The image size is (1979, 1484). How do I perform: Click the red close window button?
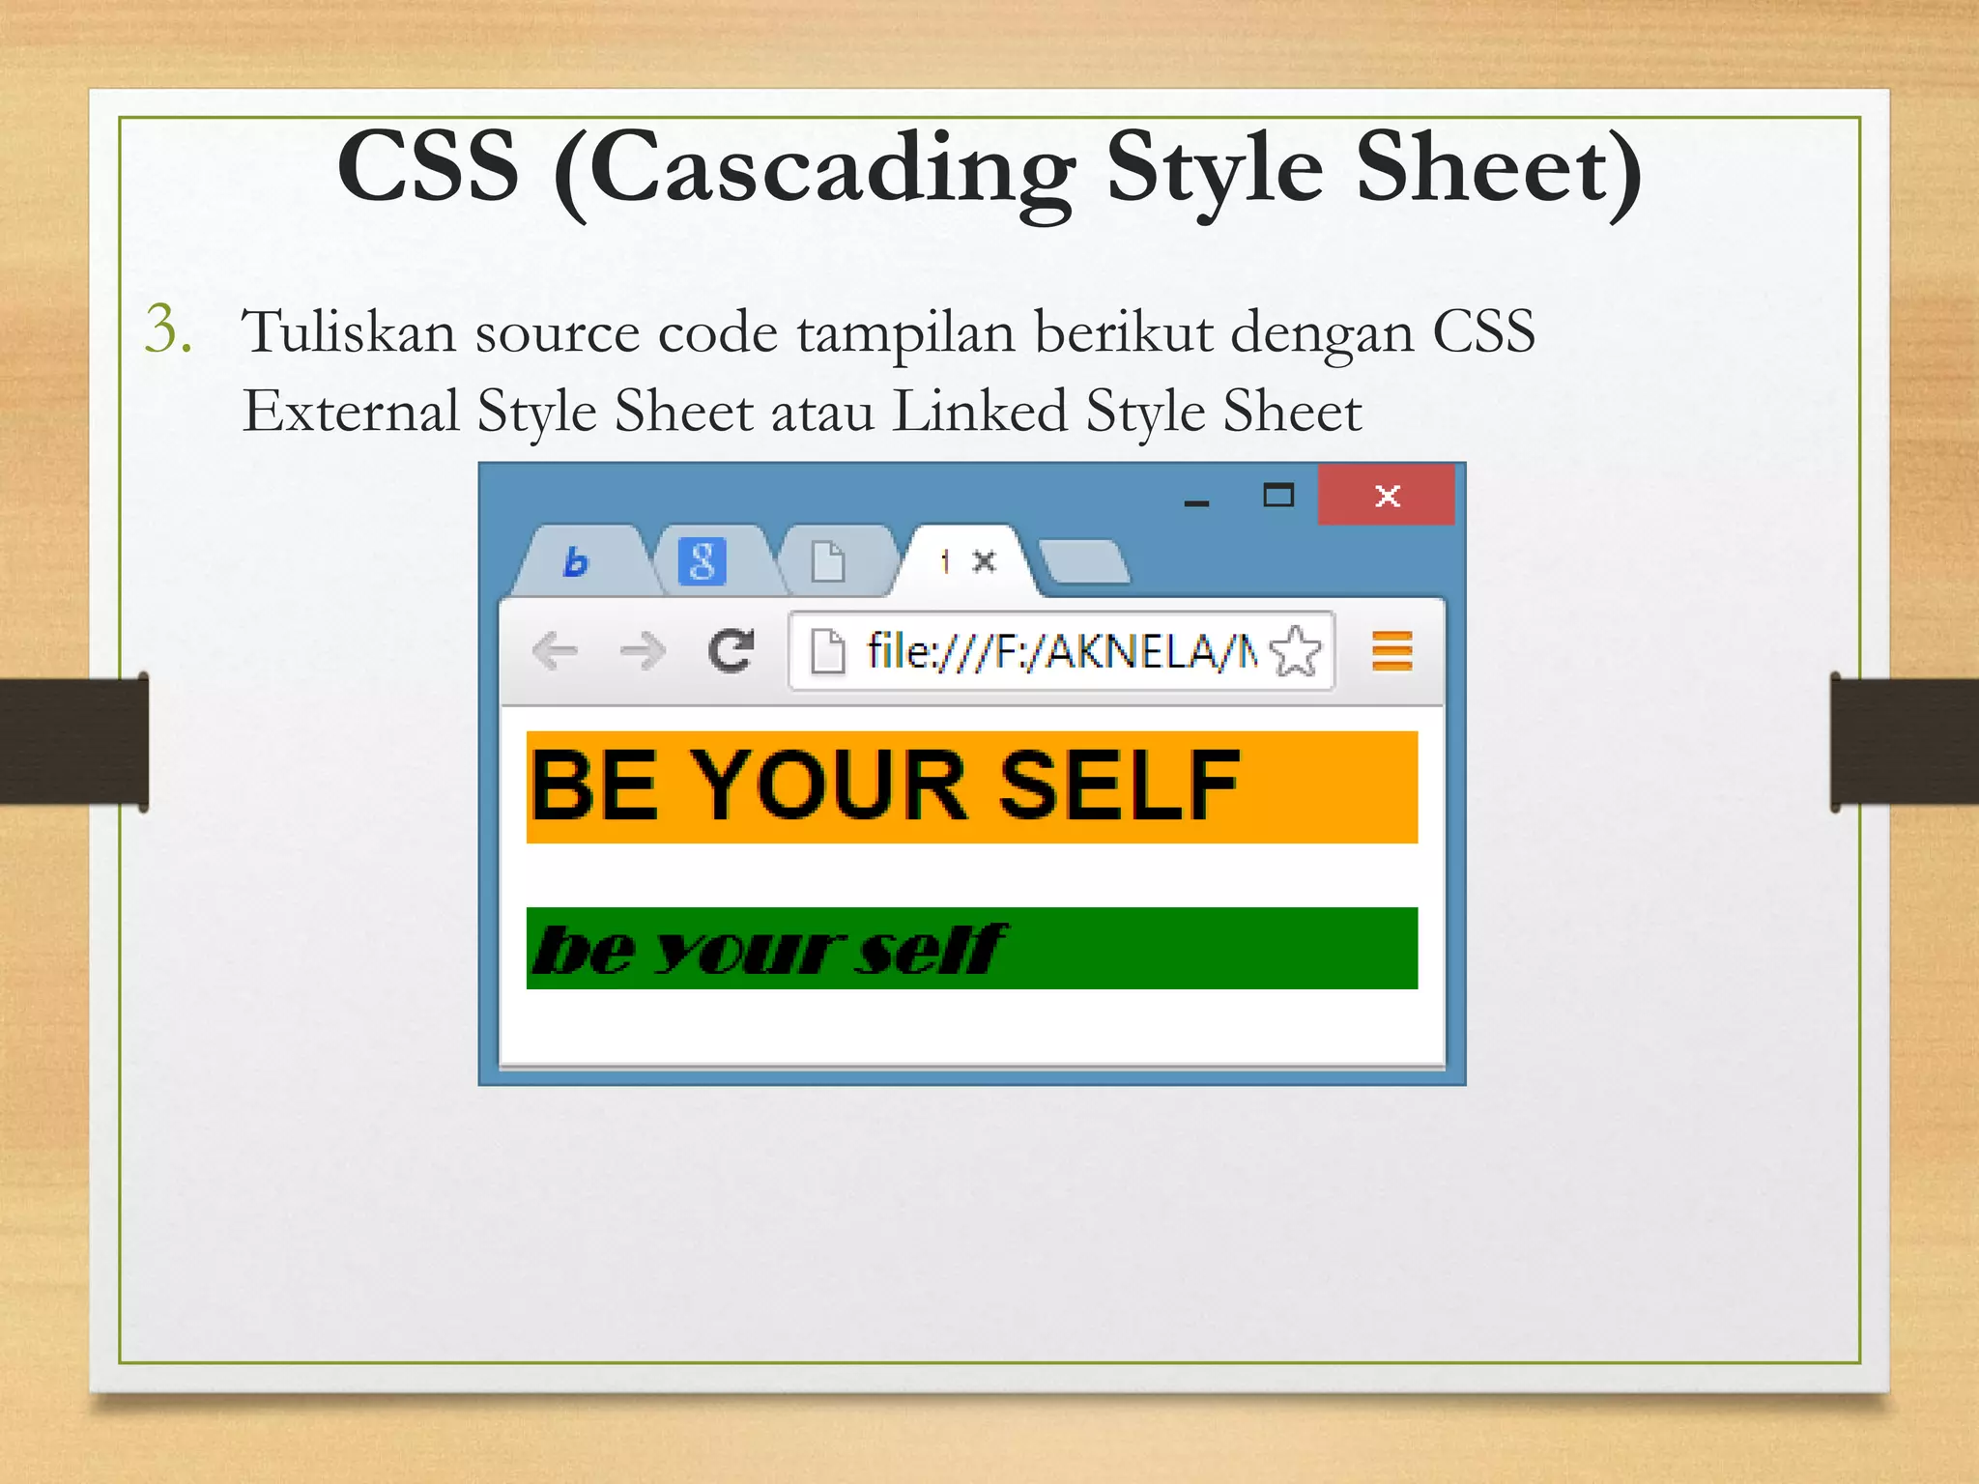click(x=1386, y=496)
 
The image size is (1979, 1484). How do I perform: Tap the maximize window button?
click(x=1278, y=496)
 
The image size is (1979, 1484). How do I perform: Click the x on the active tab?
click(x=984, y=560)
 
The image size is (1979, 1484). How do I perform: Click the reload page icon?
click(x=731, y=650)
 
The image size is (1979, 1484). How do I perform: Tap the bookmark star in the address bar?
click(x=1295, y=651)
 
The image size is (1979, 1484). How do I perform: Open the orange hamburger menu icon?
click(x=1391, y=651)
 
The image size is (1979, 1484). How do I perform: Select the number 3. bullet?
click(x=169, y=329)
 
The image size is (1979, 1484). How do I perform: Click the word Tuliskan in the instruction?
click(x=348, y=331)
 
